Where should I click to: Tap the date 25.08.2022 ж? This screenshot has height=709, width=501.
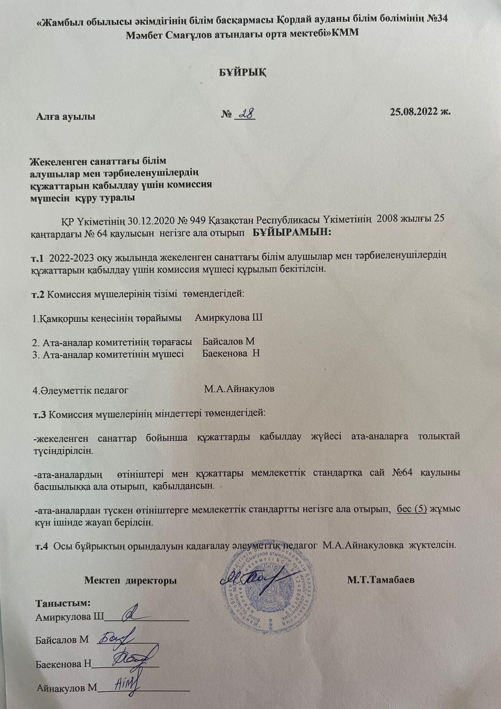[x=420, y=112]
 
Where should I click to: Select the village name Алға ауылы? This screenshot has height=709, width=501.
[x=66, y=117]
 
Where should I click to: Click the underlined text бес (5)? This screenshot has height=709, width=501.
[x=412, y=510]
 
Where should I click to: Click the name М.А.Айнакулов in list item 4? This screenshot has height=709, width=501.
[x=239, y=390]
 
